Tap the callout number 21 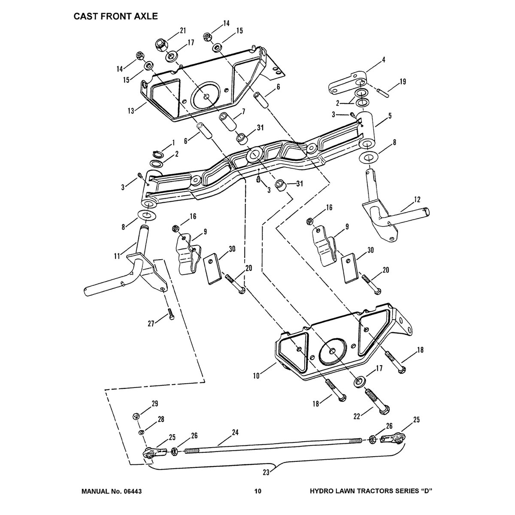(x=183, y=30)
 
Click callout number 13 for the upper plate (x=131, y=110)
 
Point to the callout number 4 (x=383, y=60)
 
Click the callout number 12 (x=418, y=200)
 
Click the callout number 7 (x=243, y=111)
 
